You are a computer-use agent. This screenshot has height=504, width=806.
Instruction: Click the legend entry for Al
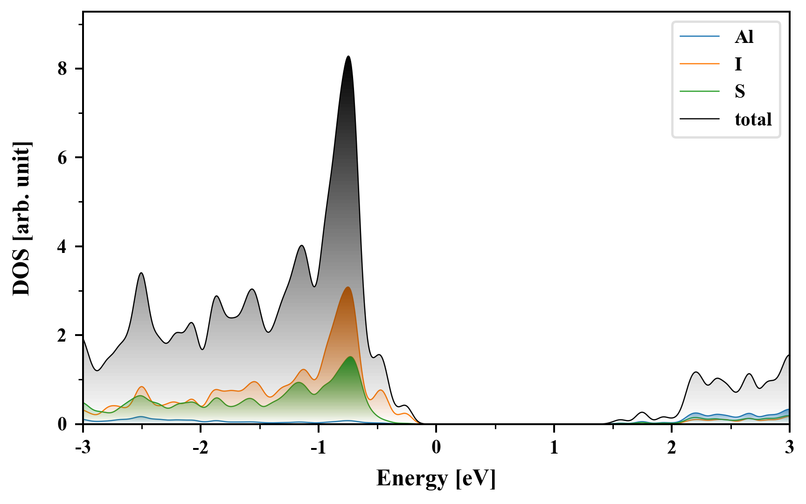pyautogui.click(x=743, y=37)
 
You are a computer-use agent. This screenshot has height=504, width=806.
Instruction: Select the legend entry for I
pyautogui.click(x=738, y=64)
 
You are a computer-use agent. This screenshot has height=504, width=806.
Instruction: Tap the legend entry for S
pyautogui.click(x=740, y=91)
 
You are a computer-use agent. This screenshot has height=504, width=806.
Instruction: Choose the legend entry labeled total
pyautogui.click(x=753, y=119)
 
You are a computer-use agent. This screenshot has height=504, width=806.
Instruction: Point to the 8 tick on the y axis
pyautogui.click(x=63, y=69)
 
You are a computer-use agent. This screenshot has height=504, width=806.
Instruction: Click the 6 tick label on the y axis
pyautogui.click(x=63, y=158)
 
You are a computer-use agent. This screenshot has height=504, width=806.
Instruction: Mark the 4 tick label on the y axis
pyautogui.click(x=63, y=246)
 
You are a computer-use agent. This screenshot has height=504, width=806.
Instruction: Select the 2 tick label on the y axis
pyautogui.click(x=63, y=336)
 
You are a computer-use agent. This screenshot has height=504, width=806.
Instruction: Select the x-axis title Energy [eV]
pyautogui.click(x=436, y=478)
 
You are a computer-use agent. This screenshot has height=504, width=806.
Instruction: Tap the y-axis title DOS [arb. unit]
pyautogui.click(x=21, y=219)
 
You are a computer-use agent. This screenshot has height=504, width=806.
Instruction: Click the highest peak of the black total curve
pyautogui.click(x=348, y=56)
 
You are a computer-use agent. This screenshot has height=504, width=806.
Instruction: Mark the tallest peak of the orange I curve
pyautogui.click(x=347, y=287)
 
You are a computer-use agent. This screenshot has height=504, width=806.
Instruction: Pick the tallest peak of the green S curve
pyautogui.click(x=350, y=357)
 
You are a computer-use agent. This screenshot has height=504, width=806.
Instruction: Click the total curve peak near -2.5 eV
pyautogui.click(x=141, y=273)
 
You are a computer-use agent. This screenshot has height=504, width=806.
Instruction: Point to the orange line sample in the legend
pyautogui.click(x=699, y=64)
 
